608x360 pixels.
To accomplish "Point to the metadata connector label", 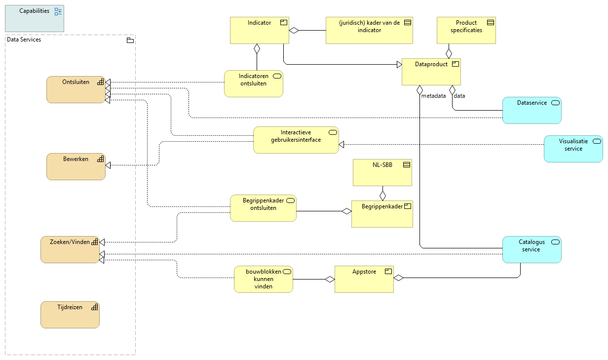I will [x=433, y=96].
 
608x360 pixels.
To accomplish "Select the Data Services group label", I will [x=24, y=40].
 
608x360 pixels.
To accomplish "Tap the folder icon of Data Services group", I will [x=130, y=40].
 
